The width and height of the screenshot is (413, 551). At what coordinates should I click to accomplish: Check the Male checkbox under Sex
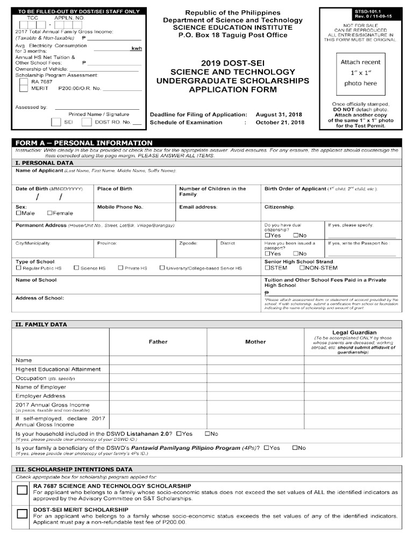tap(19, 213)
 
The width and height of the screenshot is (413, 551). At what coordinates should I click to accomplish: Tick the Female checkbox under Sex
tap(50, 213)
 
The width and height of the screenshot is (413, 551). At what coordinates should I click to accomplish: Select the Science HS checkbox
tap(76, 267)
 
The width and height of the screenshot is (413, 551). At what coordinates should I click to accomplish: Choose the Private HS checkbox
tap(120, 267)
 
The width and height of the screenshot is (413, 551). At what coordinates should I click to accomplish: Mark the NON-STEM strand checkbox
tap(302, 267)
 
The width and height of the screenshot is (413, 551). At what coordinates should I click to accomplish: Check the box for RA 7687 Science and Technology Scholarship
tap(22, 490)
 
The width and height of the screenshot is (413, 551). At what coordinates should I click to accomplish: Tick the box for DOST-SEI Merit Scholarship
tap(22, 513)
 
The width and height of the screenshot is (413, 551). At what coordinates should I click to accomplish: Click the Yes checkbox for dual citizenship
tap(267, 235)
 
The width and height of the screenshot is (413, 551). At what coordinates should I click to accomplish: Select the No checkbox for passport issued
tap(296, 253)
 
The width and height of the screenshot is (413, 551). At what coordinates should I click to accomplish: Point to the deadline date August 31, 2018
tap(279, 115)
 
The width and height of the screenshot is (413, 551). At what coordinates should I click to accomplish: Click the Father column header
tap(158, 342)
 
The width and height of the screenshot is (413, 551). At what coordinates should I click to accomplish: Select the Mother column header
tap(255, 342)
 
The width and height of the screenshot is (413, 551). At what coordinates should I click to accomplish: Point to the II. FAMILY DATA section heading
tap(41, 324)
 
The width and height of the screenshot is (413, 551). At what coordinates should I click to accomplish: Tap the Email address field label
tap(198, 207)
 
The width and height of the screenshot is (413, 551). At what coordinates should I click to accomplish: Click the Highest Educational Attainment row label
tap(58, 369)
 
